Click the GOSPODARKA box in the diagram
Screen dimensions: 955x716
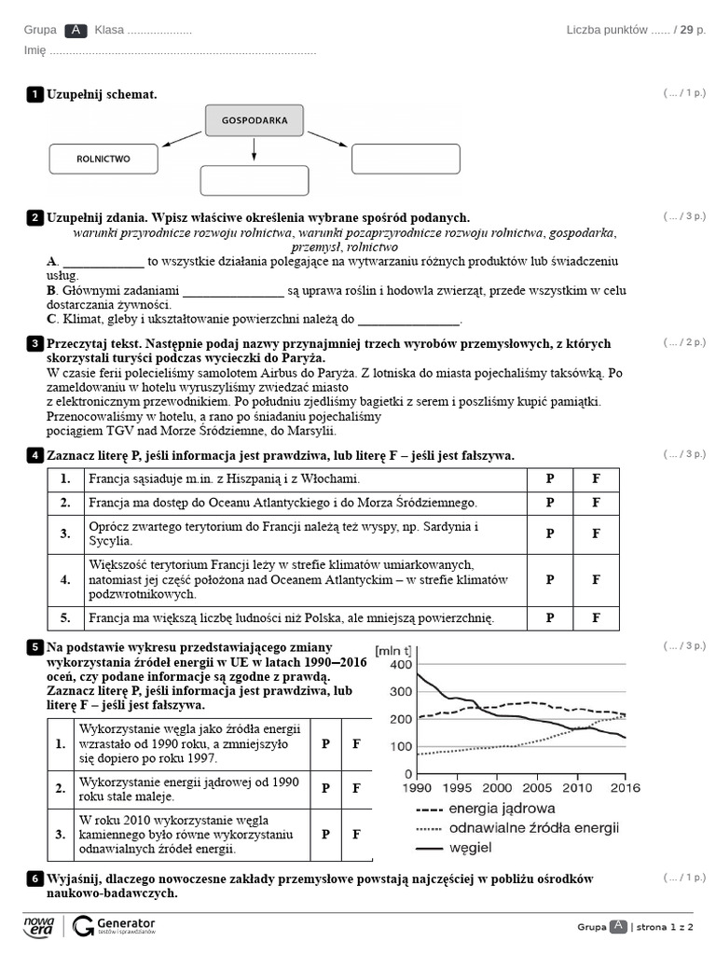point(255,120)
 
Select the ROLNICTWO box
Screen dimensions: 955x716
point(103,159)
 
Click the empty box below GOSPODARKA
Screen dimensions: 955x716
point(255,180)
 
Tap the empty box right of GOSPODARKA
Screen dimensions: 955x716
point(406,159)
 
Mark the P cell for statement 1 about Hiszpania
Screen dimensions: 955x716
point(550,478)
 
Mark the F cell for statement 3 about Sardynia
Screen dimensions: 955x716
point(597,534)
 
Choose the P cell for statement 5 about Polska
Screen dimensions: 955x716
point(550,617)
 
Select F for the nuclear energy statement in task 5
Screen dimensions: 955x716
point(356,788)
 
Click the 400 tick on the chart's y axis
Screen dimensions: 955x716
point(400,664)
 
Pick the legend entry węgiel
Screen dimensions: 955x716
point(470,848)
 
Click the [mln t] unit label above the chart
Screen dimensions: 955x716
point(392,650)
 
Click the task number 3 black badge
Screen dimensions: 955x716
point(34,344)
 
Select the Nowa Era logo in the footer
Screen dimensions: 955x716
point(39,925)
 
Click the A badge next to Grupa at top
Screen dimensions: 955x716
point(76,30)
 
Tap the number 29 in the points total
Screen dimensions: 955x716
point(686,30)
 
